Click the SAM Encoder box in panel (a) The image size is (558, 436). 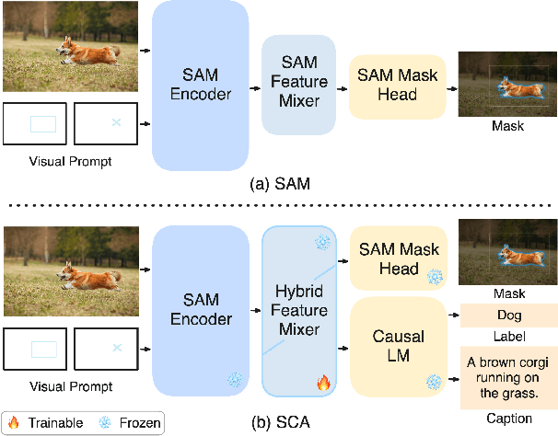click(200, 85)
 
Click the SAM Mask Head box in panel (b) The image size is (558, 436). click(396, 258)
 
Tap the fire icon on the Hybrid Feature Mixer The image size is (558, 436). click(323, 379)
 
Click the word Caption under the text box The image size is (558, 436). click(508, 419)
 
